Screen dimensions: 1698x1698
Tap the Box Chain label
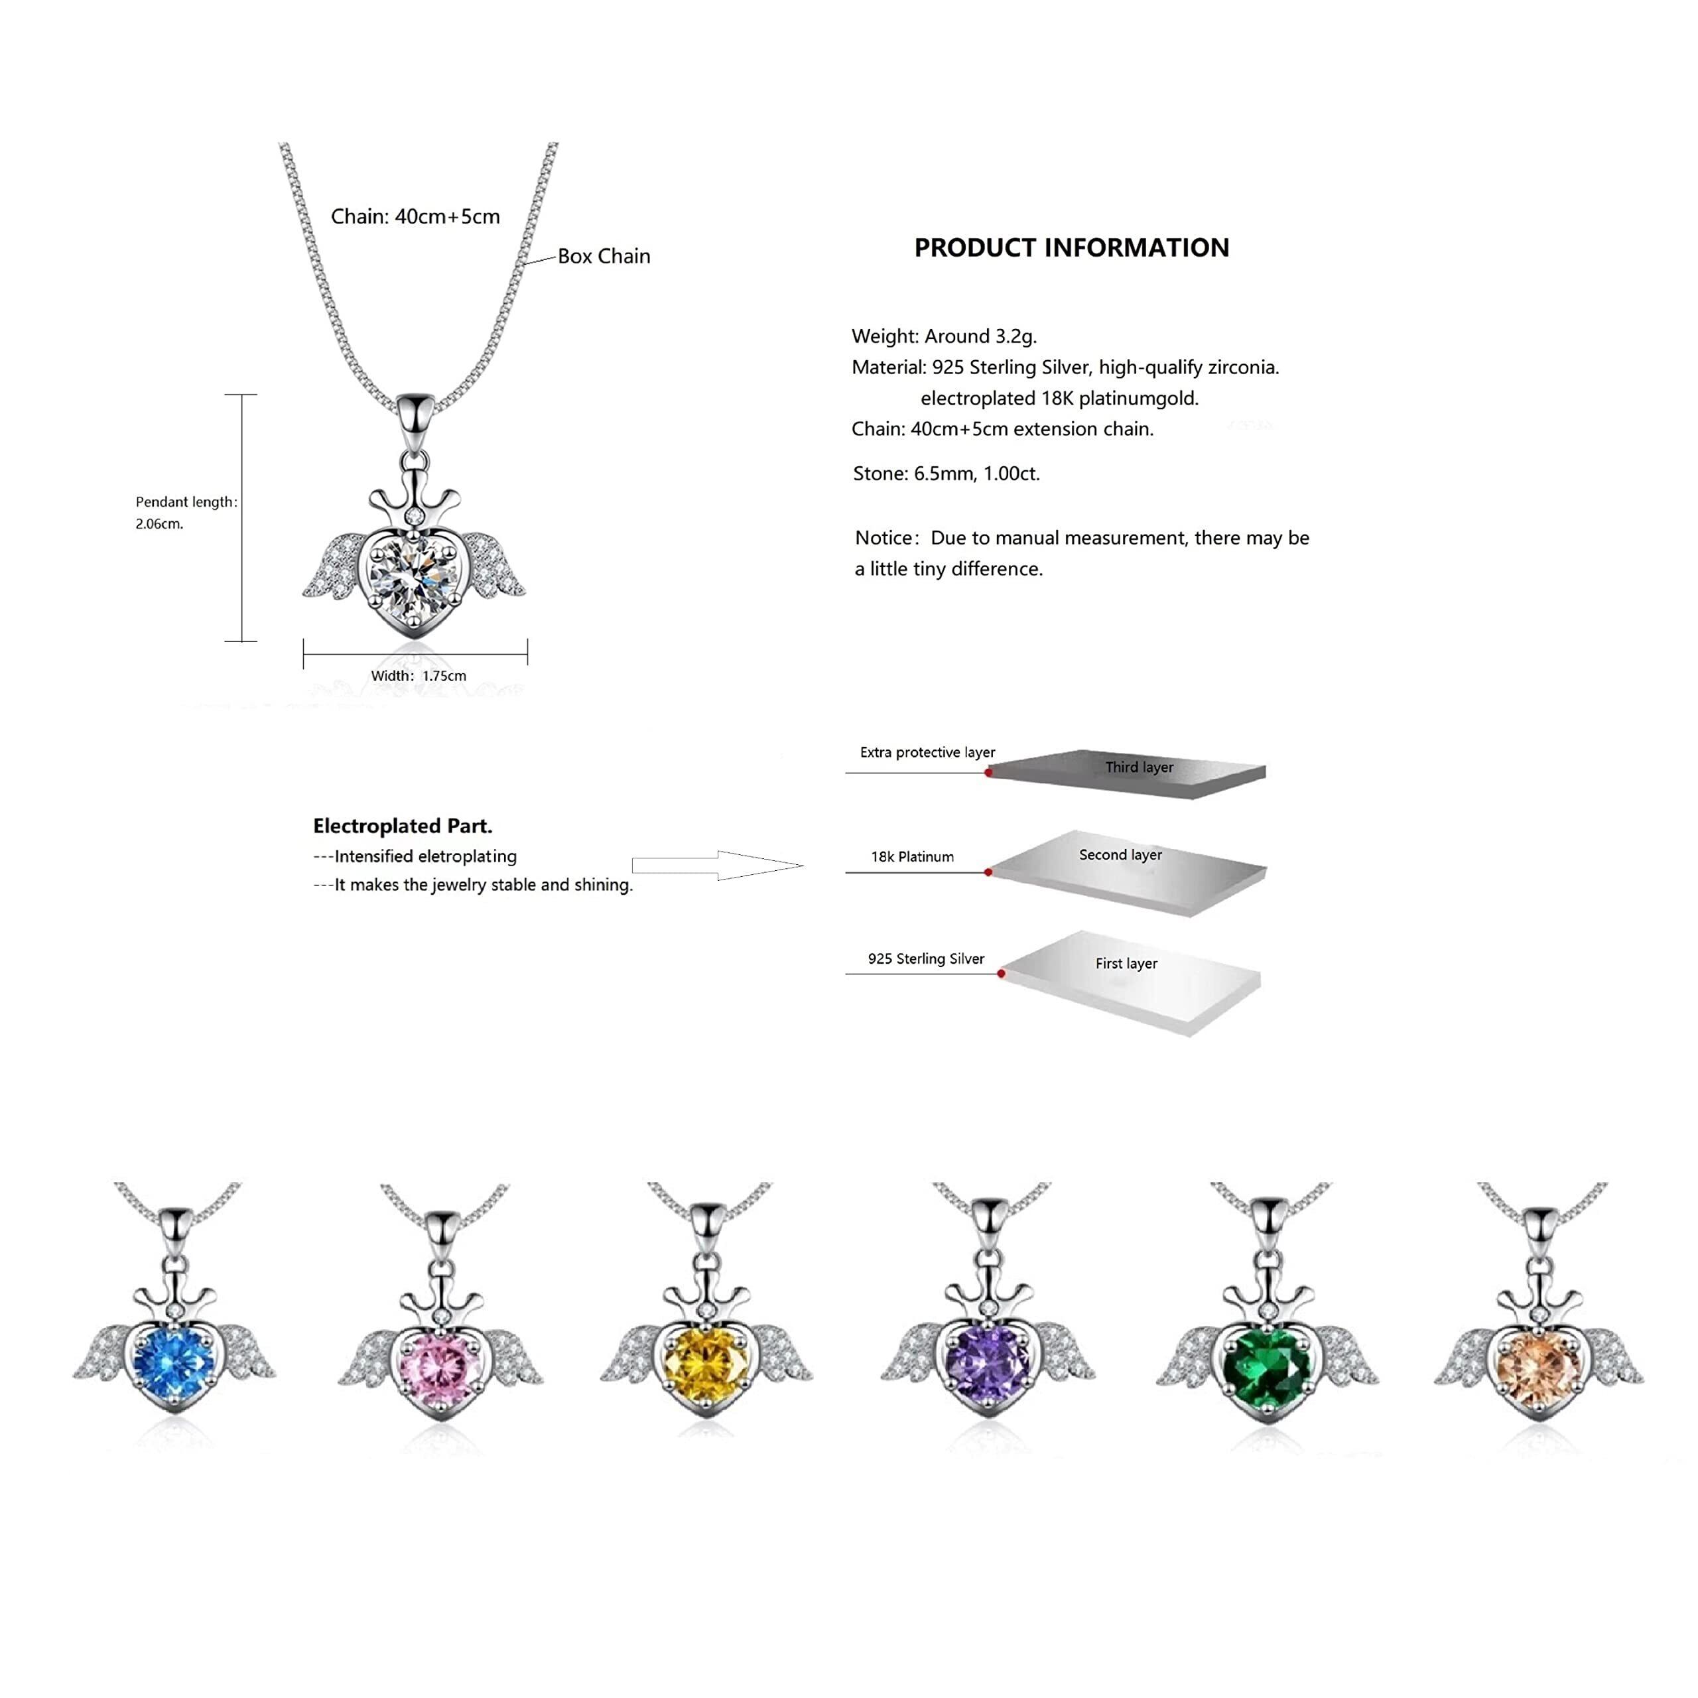pos(604,256)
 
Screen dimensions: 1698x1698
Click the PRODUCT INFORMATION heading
pos(1071,248)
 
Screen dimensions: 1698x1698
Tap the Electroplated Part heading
pos(403,826)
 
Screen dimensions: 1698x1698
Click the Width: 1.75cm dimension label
pos(419,676)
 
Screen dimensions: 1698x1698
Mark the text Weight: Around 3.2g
pos(944,336)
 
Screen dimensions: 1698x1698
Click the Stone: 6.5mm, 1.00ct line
pos(946,474)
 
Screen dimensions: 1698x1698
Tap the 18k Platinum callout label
pos(912,857)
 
